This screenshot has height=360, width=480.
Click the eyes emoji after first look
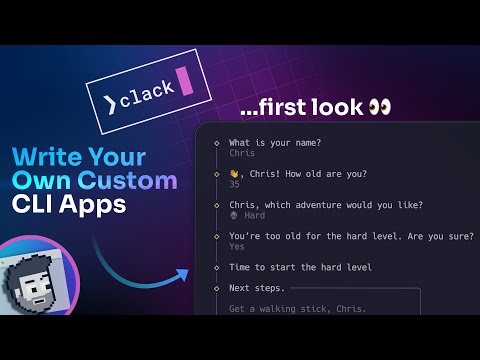click(x=379, y=106)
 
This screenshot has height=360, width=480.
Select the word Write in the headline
click(x=46, y=158)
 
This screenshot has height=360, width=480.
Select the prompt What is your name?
click(x=274, y=143)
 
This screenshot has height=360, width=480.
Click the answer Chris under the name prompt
click(x=242, y=154)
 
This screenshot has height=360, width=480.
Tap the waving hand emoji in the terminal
click(x=234, y=174)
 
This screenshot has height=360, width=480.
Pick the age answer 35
click(x=234, y=185)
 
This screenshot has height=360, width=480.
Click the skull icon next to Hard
click(x=233, y=216)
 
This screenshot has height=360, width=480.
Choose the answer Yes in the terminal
click(x=237, y=247)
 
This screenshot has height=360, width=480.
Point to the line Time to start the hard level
click(x=300, y=267)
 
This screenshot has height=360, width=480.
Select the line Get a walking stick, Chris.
click(x=297, y=308)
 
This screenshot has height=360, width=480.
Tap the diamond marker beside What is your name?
click(x=217, y=143)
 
